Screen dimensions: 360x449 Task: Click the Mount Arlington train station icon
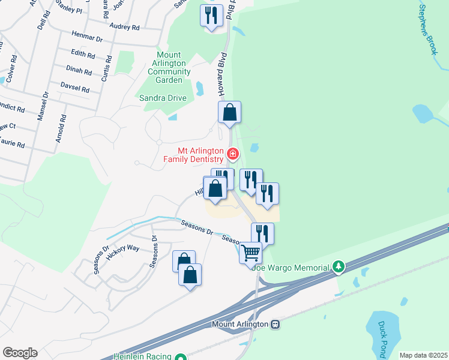[275, 324]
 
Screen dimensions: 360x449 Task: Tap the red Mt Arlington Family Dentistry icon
[232, 155]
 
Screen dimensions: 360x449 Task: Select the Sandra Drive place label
[163, 98]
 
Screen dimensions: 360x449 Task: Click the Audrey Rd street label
[125, 26]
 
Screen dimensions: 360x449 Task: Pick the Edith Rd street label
[83, 55]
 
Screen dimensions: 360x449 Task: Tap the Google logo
[19, 353]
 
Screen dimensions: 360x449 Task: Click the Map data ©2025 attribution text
[423, 355]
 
